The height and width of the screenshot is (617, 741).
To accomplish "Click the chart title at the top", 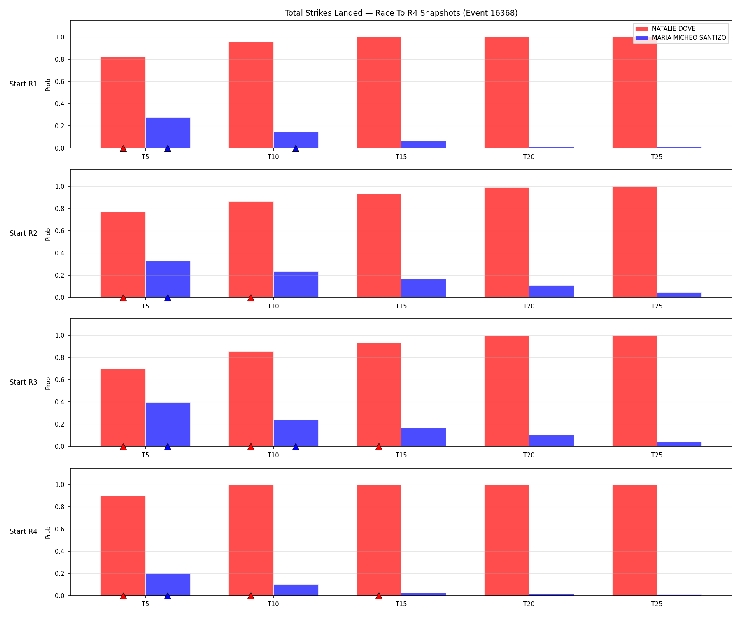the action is (401, 13).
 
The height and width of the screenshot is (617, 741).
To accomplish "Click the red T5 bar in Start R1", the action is (123, 102).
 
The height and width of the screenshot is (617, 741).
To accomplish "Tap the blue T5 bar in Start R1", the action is (168, 133).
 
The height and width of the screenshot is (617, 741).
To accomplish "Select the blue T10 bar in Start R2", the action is (296, 285).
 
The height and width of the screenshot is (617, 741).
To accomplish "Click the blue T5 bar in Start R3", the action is (168, 424).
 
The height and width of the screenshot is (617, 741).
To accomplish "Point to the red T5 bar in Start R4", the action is (123, 546).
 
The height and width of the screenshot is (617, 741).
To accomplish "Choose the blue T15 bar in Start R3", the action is (424, 437).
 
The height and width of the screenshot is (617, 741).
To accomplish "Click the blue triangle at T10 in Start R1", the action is (296, 148).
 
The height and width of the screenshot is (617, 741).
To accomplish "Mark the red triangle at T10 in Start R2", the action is (251, 298).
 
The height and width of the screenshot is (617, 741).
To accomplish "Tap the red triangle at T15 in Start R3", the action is (379, 447).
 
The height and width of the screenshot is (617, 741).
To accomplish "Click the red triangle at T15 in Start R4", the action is (379, 596).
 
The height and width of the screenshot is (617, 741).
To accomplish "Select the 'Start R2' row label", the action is (23, 233).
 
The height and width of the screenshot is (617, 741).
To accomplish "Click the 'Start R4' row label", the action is (23, 531).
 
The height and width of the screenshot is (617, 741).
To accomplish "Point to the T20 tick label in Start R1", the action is (529, 157).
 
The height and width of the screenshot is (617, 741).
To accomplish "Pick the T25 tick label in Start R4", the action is (657, 604).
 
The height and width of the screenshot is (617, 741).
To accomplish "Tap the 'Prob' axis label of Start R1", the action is (48, 84).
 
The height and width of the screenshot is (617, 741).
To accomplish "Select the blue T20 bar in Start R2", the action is (552, 292).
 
